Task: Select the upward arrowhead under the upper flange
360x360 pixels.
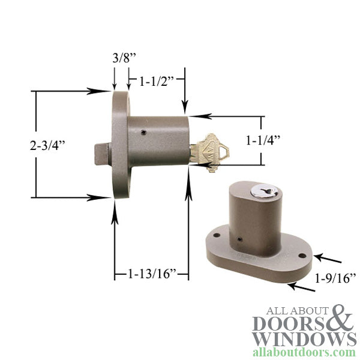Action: [x=114, y=208]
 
